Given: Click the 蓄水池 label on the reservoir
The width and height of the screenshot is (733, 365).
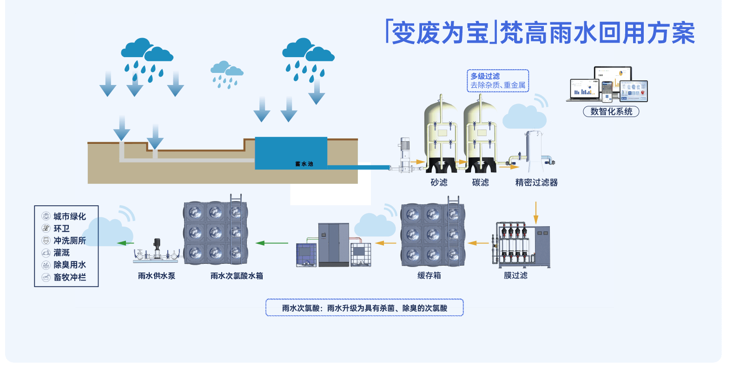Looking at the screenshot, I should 304,164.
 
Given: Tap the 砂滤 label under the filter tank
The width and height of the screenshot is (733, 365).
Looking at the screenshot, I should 439,182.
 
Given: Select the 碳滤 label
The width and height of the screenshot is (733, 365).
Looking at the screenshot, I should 480,182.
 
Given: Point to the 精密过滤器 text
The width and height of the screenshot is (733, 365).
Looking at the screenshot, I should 536,182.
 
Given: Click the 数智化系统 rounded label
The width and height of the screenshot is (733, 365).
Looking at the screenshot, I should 611,111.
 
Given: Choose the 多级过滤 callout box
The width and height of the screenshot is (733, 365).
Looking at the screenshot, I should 498,81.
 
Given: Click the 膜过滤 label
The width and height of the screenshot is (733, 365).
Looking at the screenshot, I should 515,275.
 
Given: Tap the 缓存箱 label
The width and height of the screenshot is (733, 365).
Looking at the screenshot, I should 429,275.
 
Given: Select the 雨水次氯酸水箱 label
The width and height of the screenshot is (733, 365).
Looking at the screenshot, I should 237,276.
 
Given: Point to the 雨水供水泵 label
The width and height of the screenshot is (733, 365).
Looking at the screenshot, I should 157,276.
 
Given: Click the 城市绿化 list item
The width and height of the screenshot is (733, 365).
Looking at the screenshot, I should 69,216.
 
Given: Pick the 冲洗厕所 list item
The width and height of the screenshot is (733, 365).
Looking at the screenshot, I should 69,241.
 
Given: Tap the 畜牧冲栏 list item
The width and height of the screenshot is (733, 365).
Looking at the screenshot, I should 69,277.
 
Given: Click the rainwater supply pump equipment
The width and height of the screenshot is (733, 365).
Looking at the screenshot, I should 157,252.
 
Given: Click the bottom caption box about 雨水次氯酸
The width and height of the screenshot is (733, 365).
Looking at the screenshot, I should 364,308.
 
